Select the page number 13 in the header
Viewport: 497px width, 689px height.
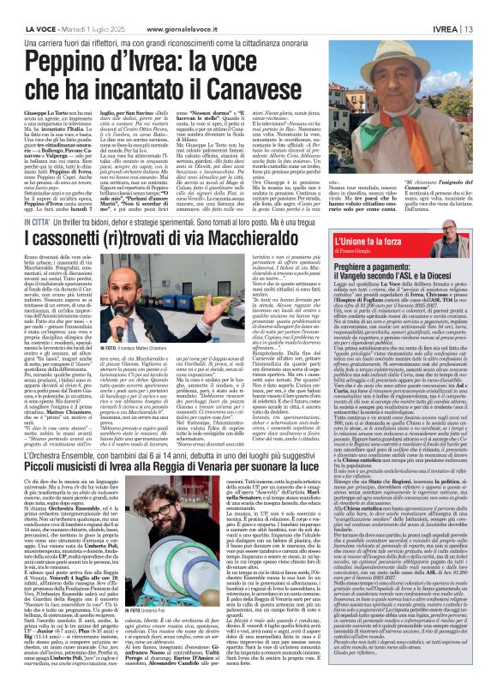pos(487,7)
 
